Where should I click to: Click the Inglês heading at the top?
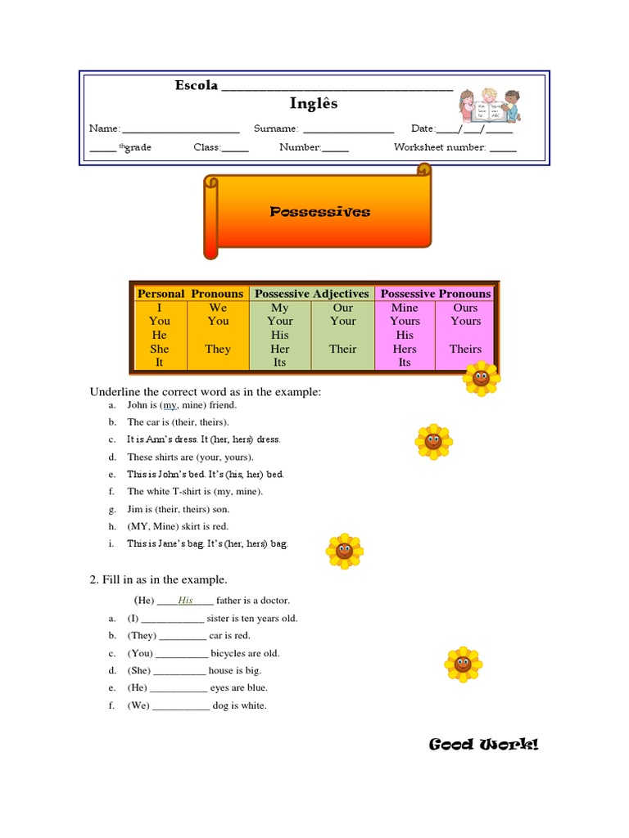click(314, 104)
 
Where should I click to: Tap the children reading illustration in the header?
click(489, 105)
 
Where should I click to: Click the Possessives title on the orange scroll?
click(320, 212)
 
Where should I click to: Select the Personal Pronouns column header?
click(190, 293)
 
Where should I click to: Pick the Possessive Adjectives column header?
click(312, 293)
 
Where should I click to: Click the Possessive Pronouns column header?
click(436, 293)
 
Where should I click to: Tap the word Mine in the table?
click(405, 308)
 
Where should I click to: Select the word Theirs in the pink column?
click(465, 349)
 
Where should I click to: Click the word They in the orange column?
click(218, 349)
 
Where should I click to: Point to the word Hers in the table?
click(405, 349)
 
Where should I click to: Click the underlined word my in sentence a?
click(170, 405)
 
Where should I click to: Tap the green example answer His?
click(186, 601)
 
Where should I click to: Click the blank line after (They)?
click(183, 637)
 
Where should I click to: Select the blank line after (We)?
click(181, 706)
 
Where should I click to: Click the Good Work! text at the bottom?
click(484, 744)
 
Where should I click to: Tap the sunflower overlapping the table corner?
click(481, 378)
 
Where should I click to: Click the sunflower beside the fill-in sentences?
click(462, 664)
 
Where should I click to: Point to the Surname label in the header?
click(276, 128)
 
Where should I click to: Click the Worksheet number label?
click(440, 148)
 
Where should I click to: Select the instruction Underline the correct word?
click(205, 392)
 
